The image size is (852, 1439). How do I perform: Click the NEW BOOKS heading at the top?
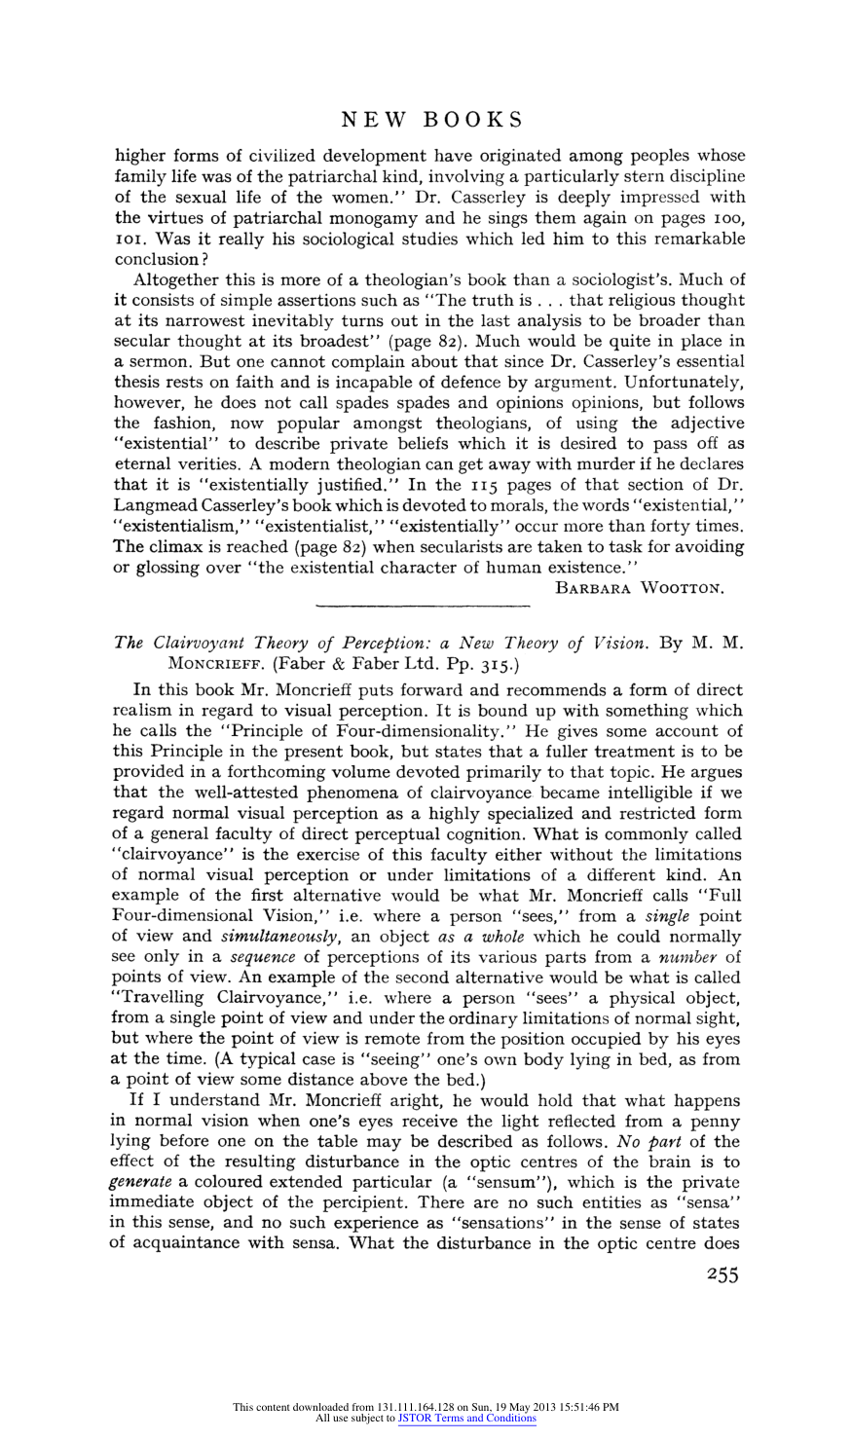click(432, 120)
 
